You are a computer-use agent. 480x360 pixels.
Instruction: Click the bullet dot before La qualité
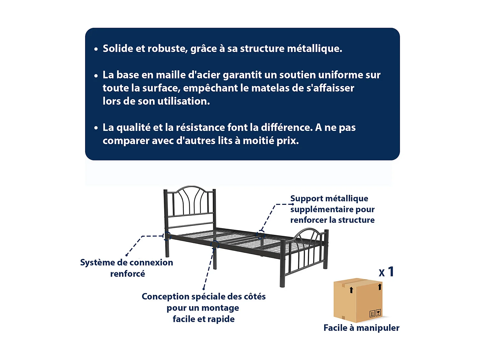(x=96, y=128)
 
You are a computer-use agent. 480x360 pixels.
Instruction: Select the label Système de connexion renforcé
(x=127, y=268)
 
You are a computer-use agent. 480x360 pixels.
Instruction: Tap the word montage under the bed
(x=220, y=308)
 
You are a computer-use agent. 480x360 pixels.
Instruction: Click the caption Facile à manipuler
(x=361, y=328)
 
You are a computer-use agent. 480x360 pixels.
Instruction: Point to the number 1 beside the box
(x=391, y=272)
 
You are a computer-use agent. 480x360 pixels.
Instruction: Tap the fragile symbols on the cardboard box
(x=375, y=313)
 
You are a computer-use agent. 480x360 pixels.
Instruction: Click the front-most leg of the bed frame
(x=282, y=275)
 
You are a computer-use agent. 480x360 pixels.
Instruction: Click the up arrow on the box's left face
(x=351, y=290)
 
